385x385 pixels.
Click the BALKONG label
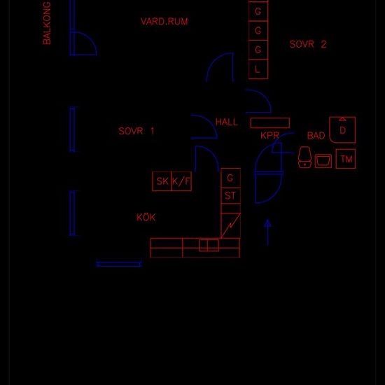pyautogui.click(x=47, y=23)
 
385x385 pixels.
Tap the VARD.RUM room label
pyautogui.click(x=164, y=22)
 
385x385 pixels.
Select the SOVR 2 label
pyautogui.click(x=308, y=44)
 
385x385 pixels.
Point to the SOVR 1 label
pyautogui.click(x=136, y=131)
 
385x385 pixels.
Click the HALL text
pyautogui.click(x=227, y=122)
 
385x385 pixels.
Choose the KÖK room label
pyautogui.click(x=146, y=217)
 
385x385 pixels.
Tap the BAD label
pyautogui.click(x=316, y=136)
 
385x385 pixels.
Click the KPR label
pyautogui.click(x=269, y=135)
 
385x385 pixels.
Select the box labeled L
pyautogui.click(x=258, y=69)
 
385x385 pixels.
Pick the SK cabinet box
pyautogui.click(x=162, y=181)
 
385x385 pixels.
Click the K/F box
pyautogui.click(x=182, y=181)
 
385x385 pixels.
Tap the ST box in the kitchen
pyautogui.click(x=230, y=196)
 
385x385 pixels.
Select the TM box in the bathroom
pyautogui.click(x=346, y=159)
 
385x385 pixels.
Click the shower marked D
pyautogui.click(x=342, y=130)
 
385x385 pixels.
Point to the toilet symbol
pyautogui.click(x=304, y=157)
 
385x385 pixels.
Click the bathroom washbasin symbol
pyautogui.click(x=323, y=161)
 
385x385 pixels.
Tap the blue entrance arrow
pyautogui.click(x=267, y=232)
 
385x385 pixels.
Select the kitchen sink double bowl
pyautogui.click(x=209, y=245)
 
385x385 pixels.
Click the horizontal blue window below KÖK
pyautogui.click(x=119, y=264)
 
